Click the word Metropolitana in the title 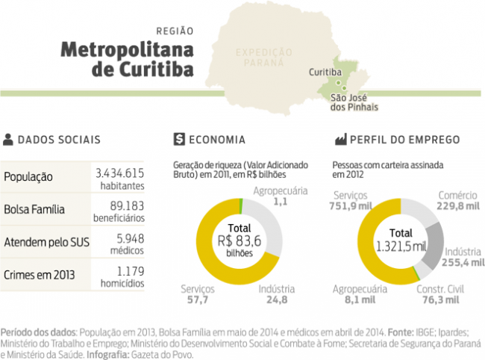pyautogui.click(x=126, y=50)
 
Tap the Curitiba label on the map pyautogui.click(x=325, y=72)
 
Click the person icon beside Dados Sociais pyautogui.click(x=8, y=139)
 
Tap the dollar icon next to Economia pyautogui.click(x=178, y=139)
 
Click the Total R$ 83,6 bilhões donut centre pyautogui.click(x=240, y=240)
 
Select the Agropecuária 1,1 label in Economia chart pyautogui.click(x=280, y=196)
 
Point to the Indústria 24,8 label pyautogui.click(x=275, y=294)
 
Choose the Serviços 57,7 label pyautogui.click(x=198, y=294)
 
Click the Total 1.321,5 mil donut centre pyautogui.click(x=401, y=240)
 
